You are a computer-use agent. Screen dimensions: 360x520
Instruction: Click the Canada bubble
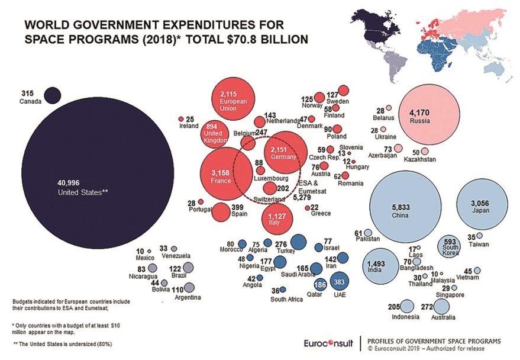pyautogui.click(x=54, y=95)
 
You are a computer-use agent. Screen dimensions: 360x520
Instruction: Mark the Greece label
pyautogui.click(x=321, y=214)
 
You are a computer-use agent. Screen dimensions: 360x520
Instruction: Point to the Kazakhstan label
pyautogui.click(x=419, y=160)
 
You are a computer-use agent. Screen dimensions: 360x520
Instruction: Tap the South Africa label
pyautogui.click(x=287, y=300)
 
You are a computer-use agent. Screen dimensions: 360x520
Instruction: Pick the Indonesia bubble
pyautogui.click(x=406, y=307)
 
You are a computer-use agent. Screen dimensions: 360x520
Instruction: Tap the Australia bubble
pyautogui.click(x=441, y=307)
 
